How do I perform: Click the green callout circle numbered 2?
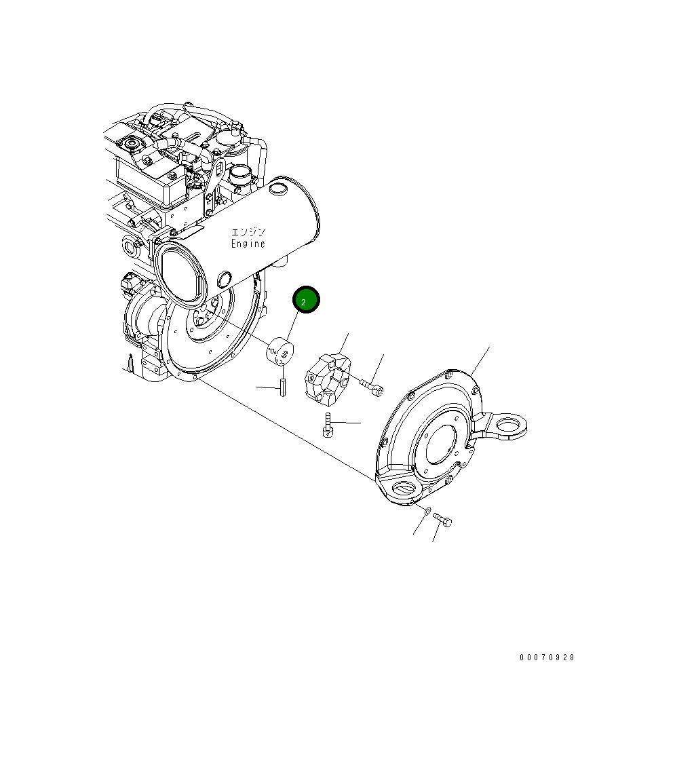(305, 300)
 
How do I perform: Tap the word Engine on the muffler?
(248, 244)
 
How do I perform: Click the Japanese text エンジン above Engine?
(248, 232)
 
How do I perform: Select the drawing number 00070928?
(547, 658)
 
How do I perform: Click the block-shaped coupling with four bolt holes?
(326, 377)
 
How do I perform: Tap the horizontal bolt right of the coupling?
(371, 387)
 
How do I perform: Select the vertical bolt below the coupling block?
(328, 425)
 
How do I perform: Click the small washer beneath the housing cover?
(424, 511)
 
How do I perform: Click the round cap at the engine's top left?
(129, 145)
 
